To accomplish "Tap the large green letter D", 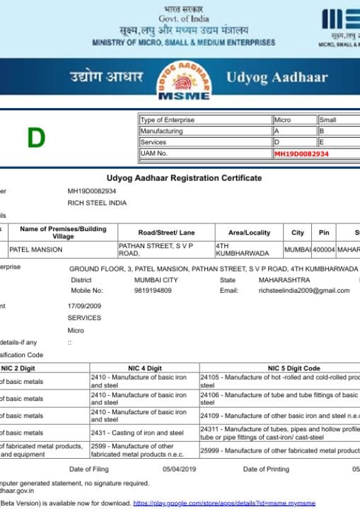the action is (36, 138).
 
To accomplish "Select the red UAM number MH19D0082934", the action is (301, 153).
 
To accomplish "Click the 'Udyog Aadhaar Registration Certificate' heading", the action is (184, 178).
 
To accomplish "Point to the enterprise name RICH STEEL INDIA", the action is (97, 203).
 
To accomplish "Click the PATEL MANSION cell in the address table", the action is (36, 250).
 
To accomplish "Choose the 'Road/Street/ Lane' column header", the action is (166, 233).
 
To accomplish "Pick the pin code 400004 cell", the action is (324, 250).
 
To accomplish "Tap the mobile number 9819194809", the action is (153, 291).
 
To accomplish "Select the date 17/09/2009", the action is (85, 306).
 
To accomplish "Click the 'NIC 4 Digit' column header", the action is (144, 368).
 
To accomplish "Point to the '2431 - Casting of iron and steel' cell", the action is (137, 433).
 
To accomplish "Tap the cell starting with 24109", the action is (279, 416).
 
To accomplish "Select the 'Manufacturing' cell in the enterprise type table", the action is (161, 131).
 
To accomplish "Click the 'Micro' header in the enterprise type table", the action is (283, 120).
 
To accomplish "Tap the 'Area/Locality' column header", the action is (248, 233).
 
